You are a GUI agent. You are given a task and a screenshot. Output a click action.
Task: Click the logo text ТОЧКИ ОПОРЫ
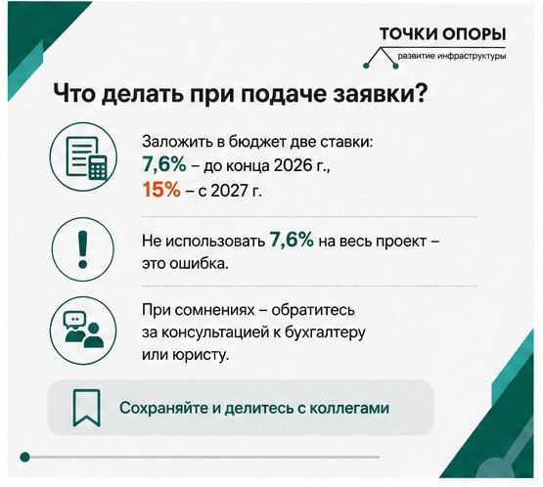click(x=442, y=34)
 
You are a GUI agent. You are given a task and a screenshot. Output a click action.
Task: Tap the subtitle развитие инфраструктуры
click(x=452, y=56)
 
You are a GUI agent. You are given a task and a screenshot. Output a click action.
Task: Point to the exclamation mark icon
click(x=83, y=248)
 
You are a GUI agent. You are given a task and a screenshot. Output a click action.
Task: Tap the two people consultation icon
click(x=83, y=331)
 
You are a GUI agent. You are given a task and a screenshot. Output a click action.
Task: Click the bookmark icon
click(x=86, y=408)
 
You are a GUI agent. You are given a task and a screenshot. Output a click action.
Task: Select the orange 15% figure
click(x=161, y=190)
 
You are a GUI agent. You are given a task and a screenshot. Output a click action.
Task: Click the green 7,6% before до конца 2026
click(x=164, y=164)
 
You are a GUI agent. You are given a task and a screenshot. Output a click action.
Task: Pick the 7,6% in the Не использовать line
click(x=292, y=240)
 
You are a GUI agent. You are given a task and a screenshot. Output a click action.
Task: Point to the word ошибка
click(x=199, y=264)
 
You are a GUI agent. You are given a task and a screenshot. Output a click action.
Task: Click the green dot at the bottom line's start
click(x=24, y=457)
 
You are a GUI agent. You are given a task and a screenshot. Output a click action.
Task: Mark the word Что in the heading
click(x=73, y=94)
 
